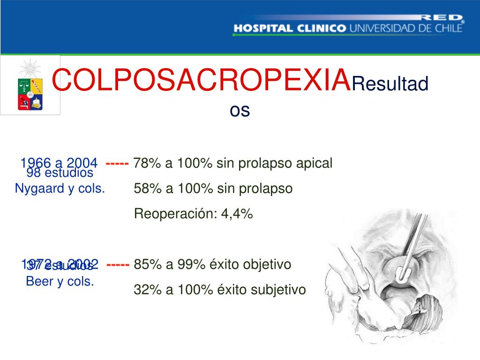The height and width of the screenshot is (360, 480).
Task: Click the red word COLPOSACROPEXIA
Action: click(x=201, y=81)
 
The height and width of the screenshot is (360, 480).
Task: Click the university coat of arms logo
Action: click(x=30, y=85)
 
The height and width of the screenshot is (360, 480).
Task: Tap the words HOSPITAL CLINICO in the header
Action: click(x=290, y=28)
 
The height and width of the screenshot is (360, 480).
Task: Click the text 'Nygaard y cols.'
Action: click(x=60, y=188)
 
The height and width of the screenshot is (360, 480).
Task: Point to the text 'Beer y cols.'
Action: click(x=60, y=282)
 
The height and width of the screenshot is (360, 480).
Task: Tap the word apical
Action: click(x=314, y=163)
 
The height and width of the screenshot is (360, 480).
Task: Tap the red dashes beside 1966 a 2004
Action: click(x=117, y=163)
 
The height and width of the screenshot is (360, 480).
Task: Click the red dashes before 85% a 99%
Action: click(x=118, y=264)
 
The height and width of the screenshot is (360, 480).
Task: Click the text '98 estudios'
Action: click(x=60, y=173)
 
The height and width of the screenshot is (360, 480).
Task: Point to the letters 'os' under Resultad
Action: click(x=240, y=111)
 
